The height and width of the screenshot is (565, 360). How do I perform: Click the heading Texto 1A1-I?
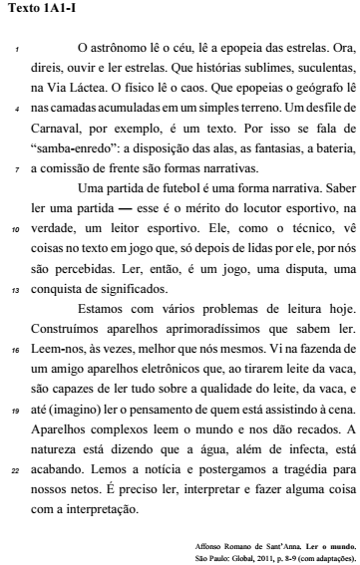point(37,12)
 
